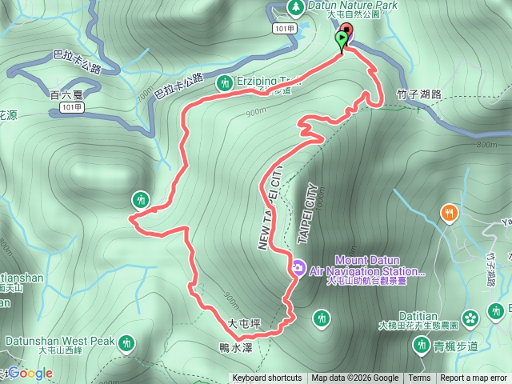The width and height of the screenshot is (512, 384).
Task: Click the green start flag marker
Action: click(x=343, y=38)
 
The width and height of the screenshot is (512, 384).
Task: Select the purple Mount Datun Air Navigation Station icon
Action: click(x=298, y=266)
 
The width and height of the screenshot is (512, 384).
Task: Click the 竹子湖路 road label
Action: click(x=419, y=94)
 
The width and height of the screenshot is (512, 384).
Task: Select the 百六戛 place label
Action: click(x=66, y=94)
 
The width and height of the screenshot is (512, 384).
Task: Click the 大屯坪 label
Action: click(x=245, y=324)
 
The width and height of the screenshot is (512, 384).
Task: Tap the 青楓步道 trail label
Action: click(x=456, y=346)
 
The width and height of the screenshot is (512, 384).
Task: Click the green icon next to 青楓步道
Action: click(x=422, y=344)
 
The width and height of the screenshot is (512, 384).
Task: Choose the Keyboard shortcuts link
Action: click(x=266, y=378)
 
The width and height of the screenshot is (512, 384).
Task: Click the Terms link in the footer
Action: click(x=419, y=378)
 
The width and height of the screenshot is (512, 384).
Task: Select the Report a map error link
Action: click(x=474, y=378)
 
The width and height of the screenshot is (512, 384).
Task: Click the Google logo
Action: click(x=31, y=373)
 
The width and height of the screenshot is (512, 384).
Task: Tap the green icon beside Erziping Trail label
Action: click(x=223, y=82)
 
